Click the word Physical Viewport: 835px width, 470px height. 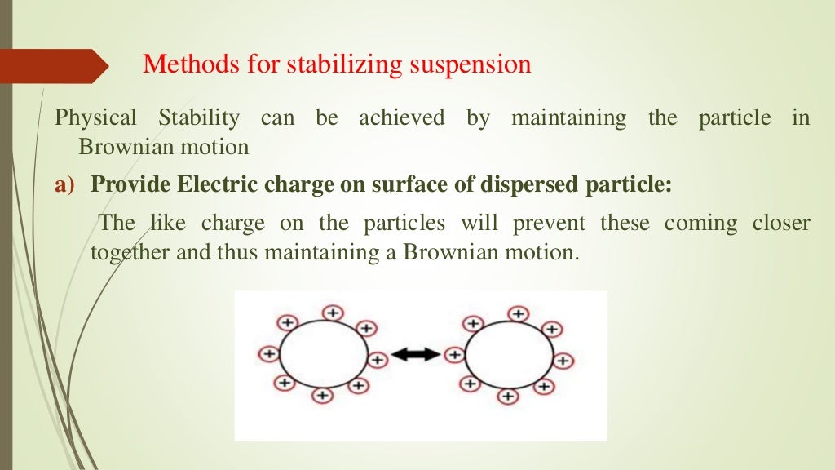[x=95, y=119]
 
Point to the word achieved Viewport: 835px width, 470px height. [x=401, y=119]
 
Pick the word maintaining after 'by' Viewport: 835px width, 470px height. [x=568, y=119]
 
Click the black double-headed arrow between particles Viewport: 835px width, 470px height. [x=415, y=355]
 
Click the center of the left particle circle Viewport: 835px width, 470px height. [x=323, y=356]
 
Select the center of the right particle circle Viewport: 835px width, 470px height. [x=509, y=355]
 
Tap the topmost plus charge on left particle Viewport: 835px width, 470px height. [x=332, y=313]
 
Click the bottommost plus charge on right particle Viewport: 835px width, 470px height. [x=507, y=397]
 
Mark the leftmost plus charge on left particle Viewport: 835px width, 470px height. [x=267, y=354]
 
